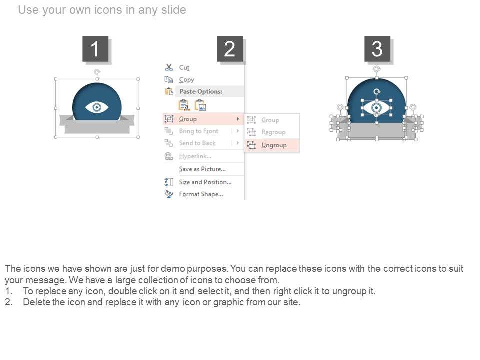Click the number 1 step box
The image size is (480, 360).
[x=95, y=49]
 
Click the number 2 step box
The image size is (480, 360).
[x=230, y=49]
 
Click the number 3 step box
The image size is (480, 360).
[x=377, y=49]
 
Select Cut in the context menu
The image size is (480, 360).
[x=184, y=67]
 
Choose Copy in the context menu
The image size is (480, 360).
[x=186, y=80]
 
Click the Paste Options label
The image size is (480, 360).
[x=201, y=91]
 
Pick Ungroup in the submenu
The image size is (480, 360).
[x=274, y=145]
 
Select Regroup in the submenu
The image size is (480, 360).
[x=273, y=132]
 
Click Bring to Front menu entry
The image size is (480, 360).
[x=198, y=131]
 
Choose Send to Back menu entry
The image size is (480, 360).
[x=197, y=143]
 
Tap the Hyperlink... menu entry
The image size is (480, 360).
[x=195, y=156]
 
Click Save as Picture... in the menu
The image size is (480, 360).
[x=202, y=169]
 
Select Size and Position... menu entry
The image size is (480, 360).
[x=205, y=182]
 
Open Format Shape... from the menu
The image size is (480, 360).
[x=201, y=194]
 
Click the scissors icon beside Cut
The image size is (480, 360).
[x=169, y=67]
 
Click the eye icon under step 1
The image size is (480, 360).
[x=96, y=107]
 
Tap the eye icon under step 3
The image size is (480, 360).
[x=376, y=108]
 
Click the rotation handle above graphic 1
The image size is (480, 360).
[x=97, y=72]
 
